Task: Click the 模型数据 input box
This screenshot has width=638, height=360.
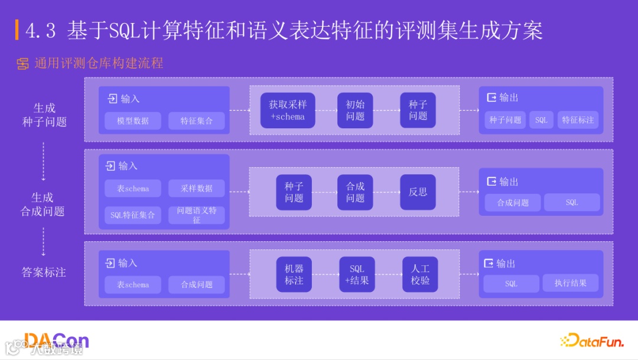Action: [x=132, y=121]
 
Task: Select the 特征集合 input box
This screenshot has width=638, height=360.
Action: [x=196, y=121]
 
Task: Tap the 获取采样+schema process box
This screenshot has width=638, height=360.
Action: [x=288, y=111]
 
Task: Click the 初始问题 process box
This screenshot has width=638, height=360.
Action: [x=355, y=111]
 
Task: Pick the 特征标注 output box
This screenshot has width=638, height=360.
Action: [x=578, y=120]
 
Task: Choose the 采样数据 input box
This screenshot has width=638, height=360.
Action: [x=196, y=188]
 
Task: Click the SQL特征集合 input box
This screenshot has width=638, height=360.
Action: [x=132, y=215]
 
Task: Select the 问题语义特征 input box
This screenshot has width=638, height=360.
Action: [x=196, y=215]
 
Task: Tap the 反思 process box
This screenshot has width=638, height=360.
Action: [x=418, y=192]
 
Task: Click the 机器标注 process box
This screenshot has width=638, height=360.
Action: [x=294, y=274]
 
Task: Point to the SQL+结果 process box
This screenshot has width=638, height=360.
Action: [x=357, y=274]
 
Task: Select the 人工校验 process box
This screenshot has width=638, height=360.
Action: [x=420, y=274]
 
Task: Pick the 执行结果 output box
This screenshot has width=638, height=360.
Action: [x=570, y=283]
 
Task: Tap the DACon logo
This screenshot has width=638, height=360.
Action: [x=57, y=340]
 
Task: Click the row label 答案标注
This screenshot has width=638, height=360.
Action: [x=44, y=273]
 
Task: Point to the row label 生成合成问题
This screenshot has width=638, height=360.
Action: [x=43, y=204]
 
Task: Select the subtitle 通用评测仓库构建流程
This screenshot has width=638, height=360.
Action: [x=98, y=63]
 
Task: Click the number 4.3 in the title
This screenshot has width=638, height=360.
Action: [x=41, y=31]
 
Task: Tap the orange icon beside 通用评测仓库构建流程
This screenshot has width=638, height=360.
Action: [x=23, y=64]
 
